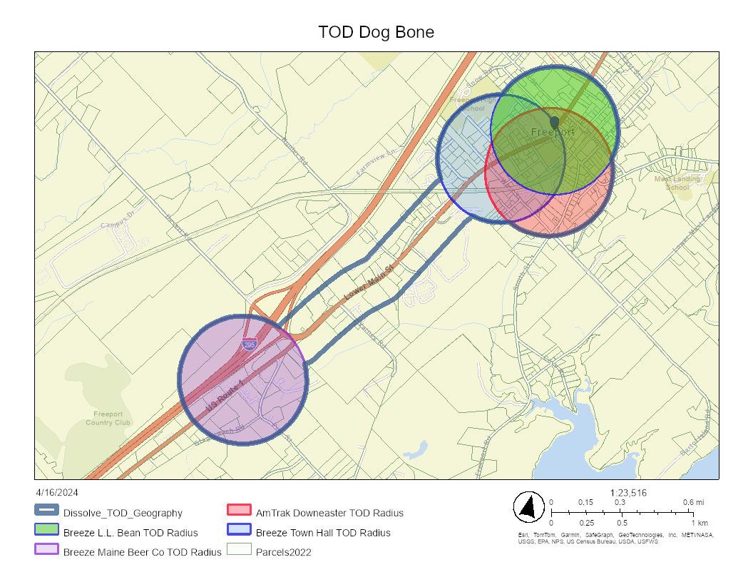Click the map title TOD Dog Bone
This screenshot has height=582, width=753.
point(376,33)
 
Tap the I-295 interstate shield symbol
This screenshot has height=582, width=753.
point(249,344)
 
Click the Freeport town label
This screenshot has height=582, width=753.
point(553,133)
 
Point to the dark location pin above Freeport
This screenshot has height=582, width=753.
point(554,122)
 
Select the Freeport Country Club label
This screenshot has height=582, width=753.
point(108,418)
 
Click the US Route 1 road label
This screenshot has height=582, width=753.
point(221,398)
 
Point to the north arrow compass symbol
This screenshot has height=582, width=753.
point(528,507)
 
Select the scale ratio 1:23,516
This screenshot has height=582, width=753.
point(629,492)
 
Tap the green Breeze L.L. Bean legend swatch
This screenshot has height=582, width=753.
point(46,531)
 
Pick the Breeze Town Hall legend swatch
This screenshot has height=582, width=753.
point(239,531)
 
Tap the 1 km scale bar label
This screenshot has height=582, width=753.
point(699,523)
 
